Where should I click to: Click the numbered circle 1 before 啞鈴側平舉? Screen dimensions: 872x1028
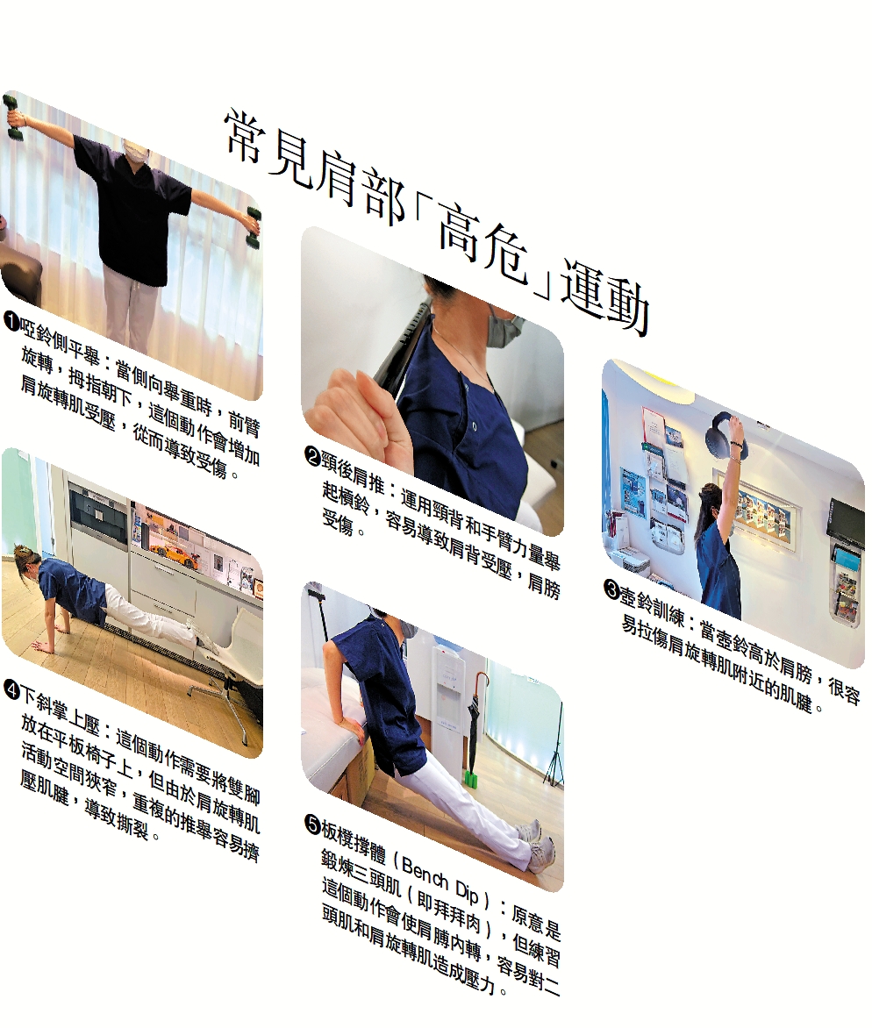pyautogui.click(x=11, y=321)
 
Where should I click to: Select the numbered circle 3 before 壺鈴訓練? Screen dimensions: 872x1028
pyautogui.click(x=611, y=589)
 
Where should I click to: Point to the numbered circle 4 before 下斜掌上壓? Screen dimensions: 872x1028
pyautogui.click(x=11, y=689)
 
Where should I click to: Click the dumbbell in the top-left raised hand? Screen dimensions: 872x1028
pyautogui.click(x=12, y=118)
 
